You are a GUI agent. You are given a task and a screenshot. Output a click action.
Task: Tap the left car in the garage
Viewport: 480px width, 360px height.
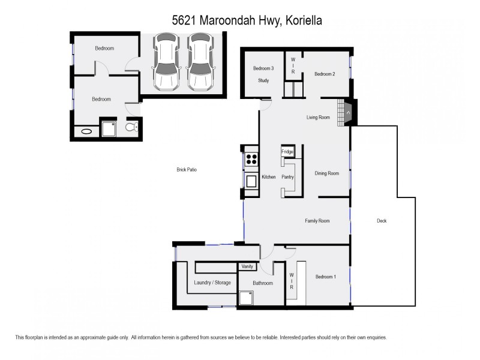166,62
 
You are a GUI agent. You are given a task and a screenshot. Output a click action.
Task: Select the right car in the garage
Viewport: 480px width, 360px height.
200,62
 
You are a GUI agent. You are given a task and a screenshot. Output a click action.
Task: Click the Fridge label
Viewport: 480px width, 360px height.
287,152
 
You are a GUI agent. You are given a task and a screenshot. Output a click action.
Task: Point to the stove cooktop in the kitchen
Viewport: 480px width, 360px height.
251,160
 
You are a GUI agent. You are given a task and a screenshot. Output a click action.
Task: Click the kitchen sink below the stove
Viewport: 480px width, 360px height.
251,182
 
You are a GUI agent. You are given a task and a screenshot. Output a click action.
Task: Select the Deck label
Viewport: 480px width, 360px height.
382,221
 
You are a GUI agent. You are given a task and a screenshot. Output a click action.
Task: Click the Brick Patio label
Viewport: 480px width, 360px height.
187,170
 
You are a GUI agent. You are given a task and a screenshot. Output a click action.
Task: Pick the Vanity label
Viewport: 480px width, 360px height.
247,266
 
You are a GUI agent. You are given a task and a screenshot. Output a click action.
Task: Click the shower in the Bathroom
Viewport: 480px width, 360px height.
245,298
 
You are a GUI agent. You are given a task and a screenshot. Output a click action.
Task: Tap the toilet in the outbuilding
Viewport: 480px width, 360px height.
131,128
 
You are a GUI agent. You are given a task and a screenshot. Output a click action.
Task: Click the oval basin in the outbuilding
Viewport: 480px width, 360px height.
86,130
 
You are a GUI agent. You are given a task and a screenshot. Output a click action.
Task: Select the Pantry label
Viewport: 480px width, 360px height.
287,177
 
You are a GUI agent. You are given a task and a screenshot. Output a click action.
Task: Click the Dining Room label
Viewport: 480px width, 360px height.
327,173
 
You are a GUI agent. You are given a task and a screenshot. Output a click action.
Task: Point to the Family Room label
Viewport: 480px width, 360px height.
317,221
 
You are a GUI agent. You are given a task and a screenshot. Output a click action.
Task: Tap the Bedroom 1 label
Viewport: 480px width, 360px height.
326,277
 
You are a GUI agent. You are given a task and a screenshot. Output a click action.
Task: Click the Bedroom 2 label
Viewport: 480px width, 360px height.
325,74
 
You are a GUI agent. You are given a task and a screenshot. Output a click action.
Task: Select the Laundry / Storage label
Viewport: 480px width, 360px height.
212,283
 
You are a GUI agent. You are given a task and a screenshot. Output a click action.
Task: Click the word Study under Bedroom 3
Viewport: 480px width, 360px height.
263,80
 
